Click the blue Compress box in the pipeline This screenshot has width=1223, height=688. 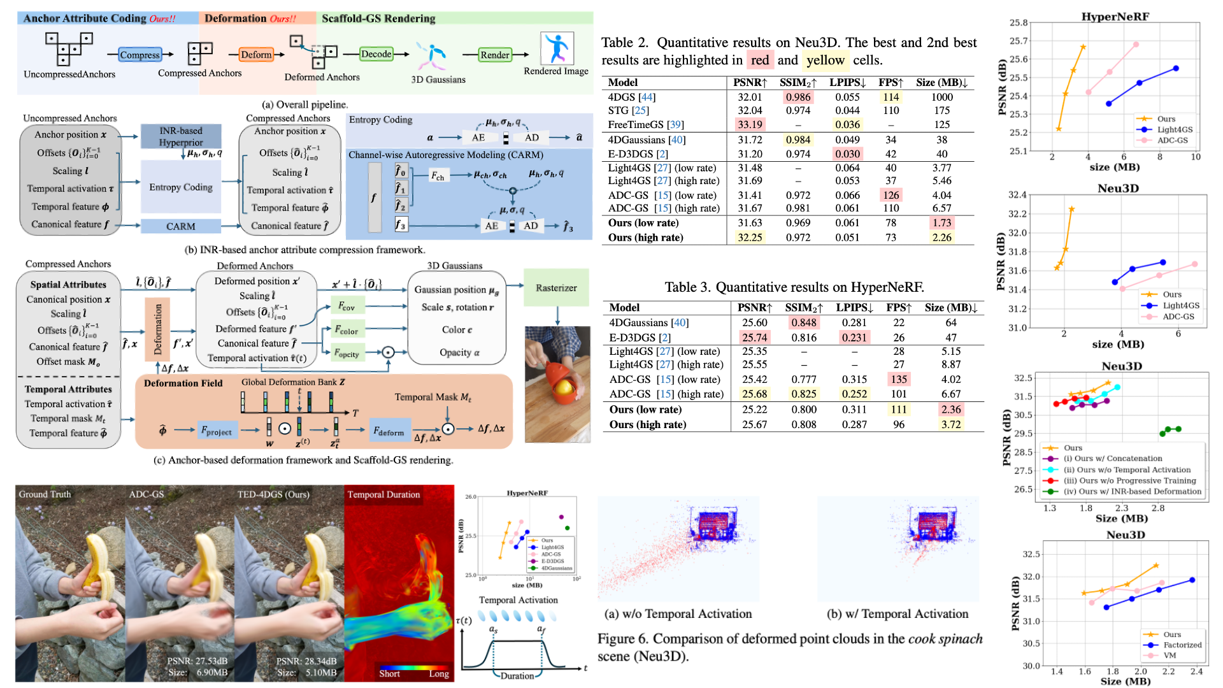click(139, 55)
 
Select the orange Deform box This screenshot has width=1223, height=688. click(256, 55)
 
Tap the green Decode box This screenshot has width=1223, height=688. click(376, 54)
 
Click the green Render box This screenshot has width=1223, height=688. click(495, 55)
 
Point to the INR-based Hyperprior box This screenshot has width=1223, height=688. click(181, 136)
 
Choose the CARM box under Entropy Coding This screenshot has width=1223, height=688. click(181, 226)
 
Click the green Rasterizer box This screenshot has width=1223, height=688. click(556, 288)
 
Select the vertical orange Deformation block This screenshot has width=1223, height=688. click(158, 329)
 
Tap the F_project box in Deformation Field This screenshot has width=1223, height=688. click(217, 431)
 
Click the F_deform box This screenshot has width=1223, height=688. click(389, 431)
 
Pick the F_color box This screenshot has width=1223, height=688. click(348, 330)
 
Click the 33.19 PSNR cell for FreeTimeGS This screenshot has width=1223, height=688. click(750, 124)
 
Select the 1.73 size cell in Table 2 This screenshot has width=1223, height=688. click(941, 223)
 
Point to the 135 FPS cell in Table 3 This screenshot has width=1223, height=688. click(899, 379)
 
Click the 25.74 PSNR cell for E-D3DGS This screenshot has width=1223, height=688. click(754, 338)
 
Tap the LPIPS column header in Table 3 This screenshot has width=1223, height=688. click(854, 308)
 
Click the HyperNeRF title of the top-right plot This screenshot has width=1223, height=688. click(1115, 17)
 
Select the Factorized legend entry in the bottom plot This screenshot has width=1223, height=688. click(1182, 645)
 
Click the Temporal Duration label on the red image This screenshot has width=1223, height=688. click(383, 494)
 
